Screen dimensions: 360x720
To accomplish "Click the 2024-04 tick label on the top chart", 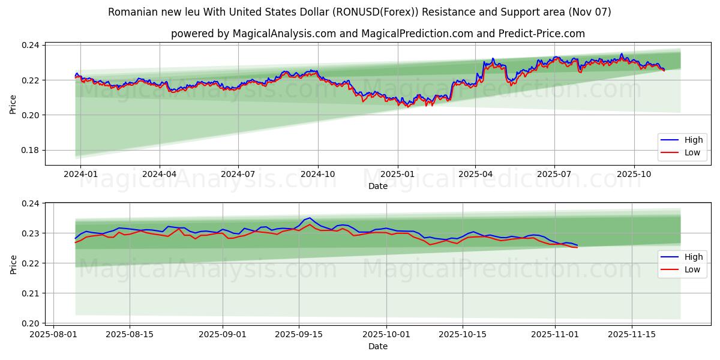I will click(160, 174).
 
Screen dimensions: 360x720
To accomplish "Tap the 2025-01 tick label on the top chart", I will click(398, 174).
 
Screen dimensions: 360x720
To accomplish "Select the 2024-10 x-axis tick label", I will click(317, 174).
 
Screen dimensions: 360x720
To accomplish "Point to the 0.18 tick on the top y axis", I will click(31, 150).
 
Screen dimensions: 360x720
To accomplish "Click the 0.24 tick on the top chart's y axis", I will click(31, 46).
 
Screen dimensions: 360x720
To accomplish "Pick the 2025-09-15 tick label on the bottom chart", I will click(298, 334).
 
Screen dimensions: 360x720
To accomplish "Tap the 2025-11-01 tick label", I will click(554, 334).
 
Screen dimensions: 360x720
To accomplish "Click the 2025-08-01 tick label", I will click(53, 334).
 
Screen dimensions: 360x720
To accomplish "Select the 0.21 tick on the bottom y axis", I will click(31, 293).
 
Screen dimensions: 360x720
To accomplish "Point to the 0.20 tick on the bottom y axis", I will click(31, 323).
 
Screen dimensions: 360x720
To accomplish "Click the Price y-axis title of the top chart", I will click(13, 104).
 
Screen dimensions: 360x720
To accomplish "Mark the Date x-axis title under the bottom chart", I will click(378, 346).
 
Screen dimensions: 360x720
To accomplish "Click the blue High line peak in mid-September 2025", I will click(309, 218).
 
